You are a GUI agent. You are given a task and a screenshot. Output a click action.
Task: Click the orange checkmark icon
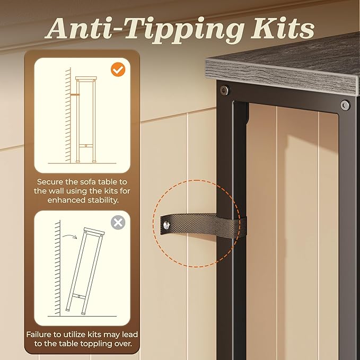coord(118,69)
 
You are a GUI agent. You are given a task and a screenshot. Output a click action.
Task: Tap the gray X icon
coord(118,222)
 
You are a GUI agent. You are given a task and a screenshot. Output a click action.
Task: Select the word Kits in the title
coord(283,28)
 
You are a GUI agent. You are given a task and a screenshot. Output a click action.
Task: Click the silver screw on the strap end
coord(166,225)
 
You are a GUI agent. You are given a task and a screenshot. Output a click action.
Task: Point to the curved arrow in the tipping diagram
coord(70,236)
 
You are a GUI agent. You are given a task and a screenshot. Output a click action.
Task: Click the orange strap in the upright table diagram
coord(75,94)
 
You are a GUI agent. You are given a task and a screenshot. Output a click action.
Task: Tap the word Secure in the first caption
coord(50,182)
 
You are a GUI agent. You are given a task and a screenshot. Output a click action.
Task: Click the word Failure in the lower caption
coord(39,334)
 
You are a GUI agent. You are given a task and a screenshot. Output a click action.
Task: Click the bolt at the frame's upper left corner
coord(224,90)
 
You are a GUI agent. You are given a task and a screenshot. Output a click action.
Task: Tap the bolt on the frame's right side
coord(345,105)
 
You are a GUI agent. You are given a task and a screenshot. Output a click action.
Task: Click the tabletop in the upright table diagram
coord(86,78)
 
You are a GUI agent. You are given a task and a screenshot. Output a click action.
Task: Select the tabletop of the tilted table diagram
coord(94,231)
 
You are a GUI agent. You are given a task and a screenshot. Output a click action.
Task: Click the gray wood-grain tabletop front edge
coord(282,77)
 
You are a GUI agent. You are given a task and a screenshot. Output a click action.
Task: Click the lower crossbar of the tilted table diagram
coord(79,296)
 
